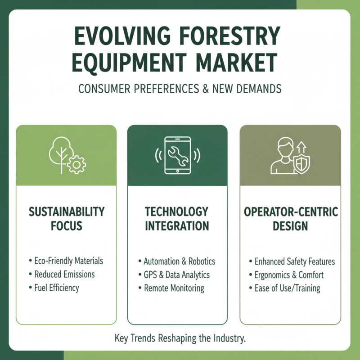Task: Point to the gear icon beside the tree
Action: pos(76,166)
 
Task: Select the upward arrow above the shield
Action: pos(301,147)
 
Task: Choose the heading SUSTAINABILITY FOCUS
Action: pos(67,218)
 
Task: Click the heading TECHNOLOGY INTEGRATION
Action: pos(177,218)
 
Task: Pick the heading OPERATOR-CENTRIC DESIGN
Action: pos(290,218)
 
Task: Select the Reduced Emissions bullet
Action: pos(64,274)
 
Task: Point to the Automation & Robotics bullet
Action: pos(179,261)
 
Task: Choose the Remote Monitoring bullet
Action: pos(174,288)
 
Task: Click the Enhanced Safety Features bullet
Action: pos(294,261)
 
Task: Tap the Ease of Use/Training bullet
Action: pos(287,288)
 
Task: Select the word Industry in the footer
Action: pos(229,338)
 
